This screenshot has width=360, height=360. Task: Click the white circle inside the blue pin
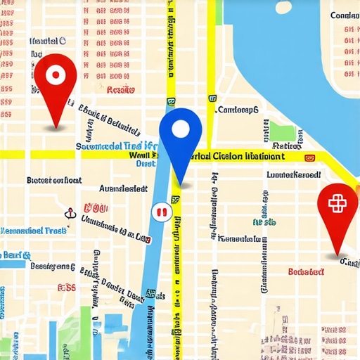tap(181, 128)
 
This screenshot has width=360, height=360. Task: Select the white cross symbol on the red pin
tap(337, 202)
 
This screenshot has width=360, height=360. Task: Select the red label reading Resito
tap(120, 90)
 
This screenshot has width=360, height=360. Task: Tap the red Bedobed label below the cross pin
tap(306, 271)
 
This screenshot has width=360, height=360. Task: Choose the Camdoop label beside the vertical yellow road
tap(238, 110)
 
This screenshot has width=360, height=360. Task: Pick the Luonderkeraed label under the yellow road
tap(292, 174)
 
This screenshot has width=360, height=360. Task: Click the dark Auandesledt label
tap(123, 188)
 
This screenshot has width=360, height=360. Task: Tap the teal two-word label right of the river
tap(264, 222)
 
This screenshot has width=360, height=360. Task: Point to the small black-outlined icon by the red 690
tap(70, 213)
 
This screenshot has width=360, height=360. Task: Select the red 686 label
tap(67, 287)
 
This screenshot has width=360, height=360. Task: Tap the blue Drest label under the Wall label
tap(145, 163)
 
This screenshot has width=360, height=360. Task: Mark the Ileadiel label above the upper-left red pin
tap(47, 41)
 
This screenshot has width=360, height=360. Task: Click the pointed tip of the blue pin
tap(181, 185)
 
